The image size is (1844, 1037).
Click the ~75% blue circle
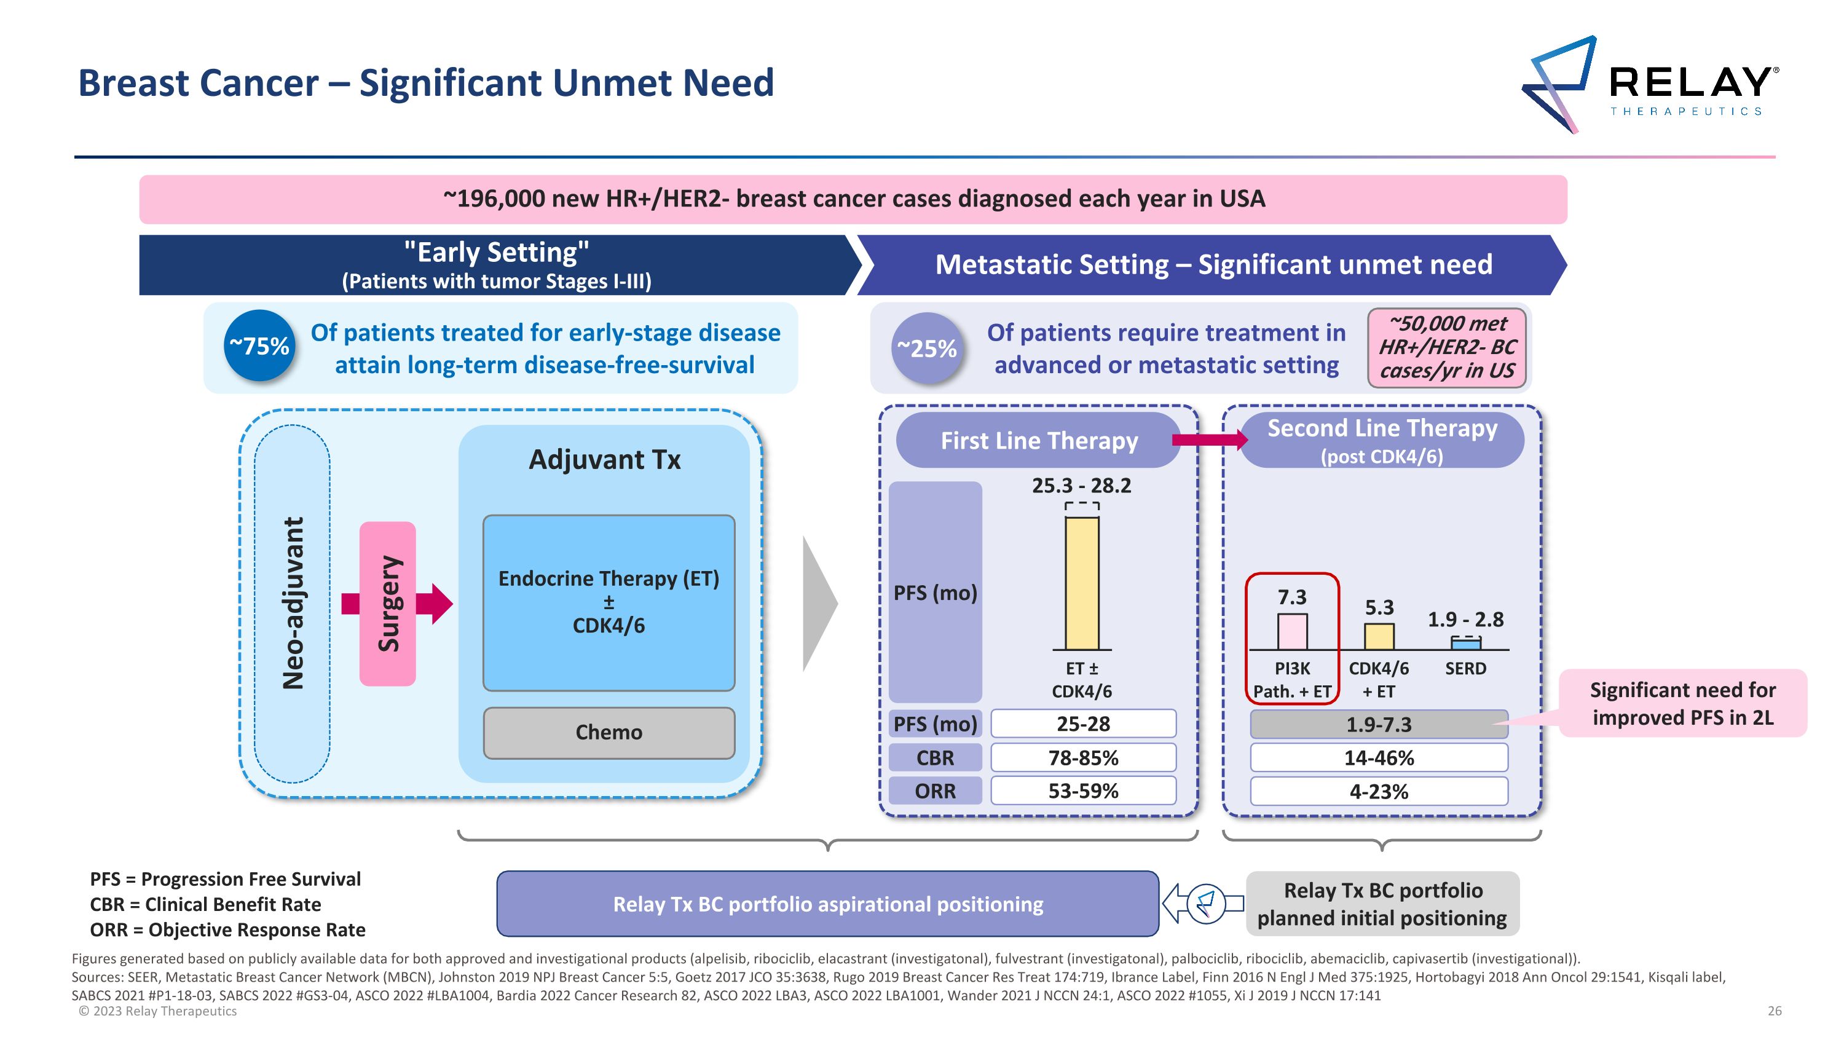[259, 346]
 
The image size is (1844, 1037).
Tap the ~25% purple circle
[927, 349]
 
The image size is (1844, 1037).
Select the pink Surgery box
[387, 603]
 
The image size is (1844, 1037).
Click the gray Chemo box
[609, 732]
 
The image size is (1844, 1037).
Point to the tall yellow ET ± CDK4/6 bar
[1082, 583]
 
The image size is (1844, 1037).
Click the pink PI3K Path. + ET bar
[1292, 631]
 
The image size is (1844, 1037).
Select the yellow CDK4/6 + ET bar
[1379, 636]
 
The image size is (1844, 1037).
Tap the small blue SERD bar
[1465, 644]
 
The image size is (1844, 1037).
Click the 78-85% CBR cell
[1083, 757]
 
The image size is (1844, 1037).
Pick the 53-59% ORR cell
[1083, 791]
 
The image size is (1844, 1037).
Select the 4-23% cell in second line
[1379, 792]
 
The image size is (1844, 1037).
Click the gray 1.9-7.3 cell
[1379, 724]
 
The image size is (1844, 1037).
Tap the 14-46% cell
[1379, 758]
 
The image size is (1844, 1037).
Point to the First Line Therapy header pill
[1039, 440]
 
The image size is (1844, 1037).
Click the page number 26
[1774, 1011]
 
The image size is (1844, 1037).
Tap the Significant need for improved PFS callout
[1682, 703]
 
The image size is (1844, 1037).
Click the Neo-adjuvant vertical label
[293, 602]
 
